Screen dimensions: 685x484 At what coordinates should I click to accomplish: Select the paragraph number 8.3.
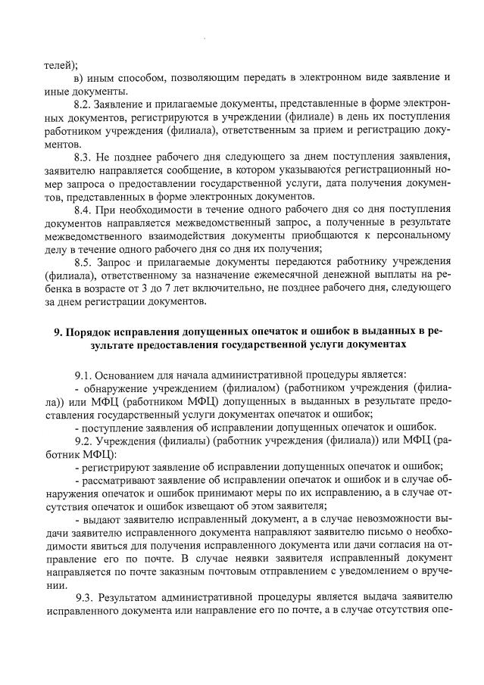(85, 157)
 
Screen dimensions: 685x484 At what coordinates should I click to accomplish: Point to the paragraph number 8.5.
(84, 262)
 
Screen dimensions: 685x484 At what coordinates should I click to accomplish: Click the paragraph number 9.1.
(83, 375)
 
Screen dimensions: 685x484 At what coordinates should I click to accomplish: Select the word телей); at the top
(61, 65)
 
